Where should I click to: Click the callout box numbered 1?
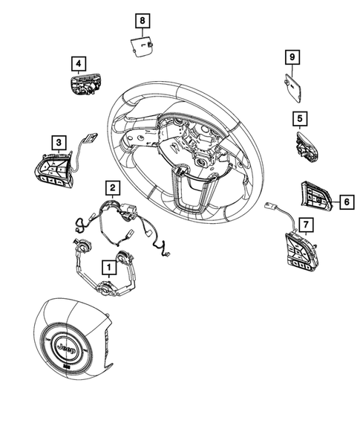pyautogui.click(x=108, y=265)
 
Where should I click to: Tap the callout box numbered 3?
pyautogui.click(x=57, y=141)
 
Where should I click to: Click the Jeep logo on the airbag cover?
pyautogui.click(x=68, y=348)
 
